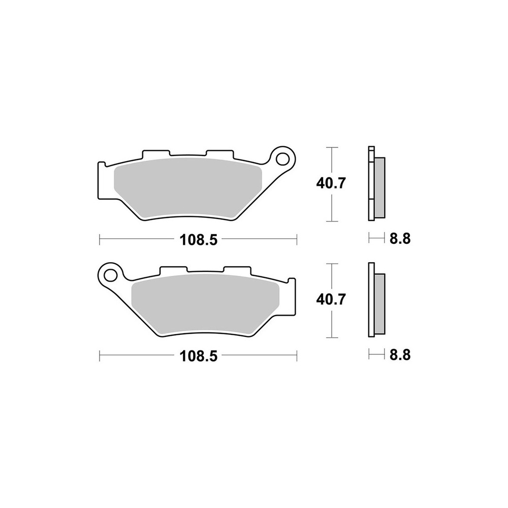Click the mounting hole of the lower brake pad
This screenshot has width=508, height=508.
tap(110, 275)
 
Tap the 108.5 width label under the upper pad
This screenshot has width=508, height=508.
tap(198, 240)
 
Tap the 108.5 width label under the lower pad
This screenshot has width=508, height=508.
tap(198, 357)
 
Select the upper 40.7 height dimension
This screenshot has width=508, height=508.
tap(331, 184)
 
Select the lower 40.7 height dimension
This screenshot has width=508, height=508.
tap(331, 300)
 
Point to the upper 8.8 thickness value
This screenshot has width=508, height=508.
tap(400, 239)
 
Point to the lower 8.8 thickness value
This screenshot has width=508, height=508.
tap(400, 355)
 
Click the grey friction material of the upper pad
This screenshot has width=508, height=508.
tap(188, 188)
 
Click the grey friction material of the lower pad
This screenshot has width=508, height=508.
tap(205, 304)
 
